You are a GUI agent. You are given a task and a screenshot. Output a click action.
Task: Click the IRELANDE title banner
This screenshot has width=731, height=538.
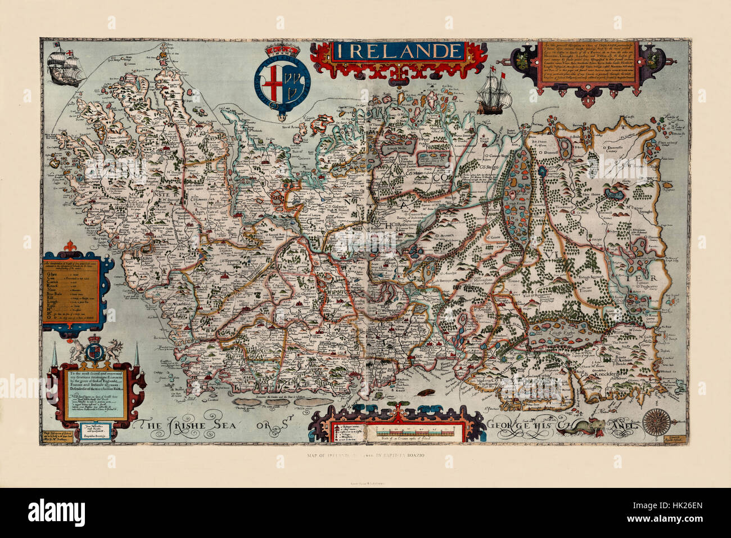coord(398,51)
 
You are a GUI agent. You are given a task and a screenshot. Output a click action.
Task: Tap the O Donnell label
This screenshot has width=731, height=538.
coord(550,152)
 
